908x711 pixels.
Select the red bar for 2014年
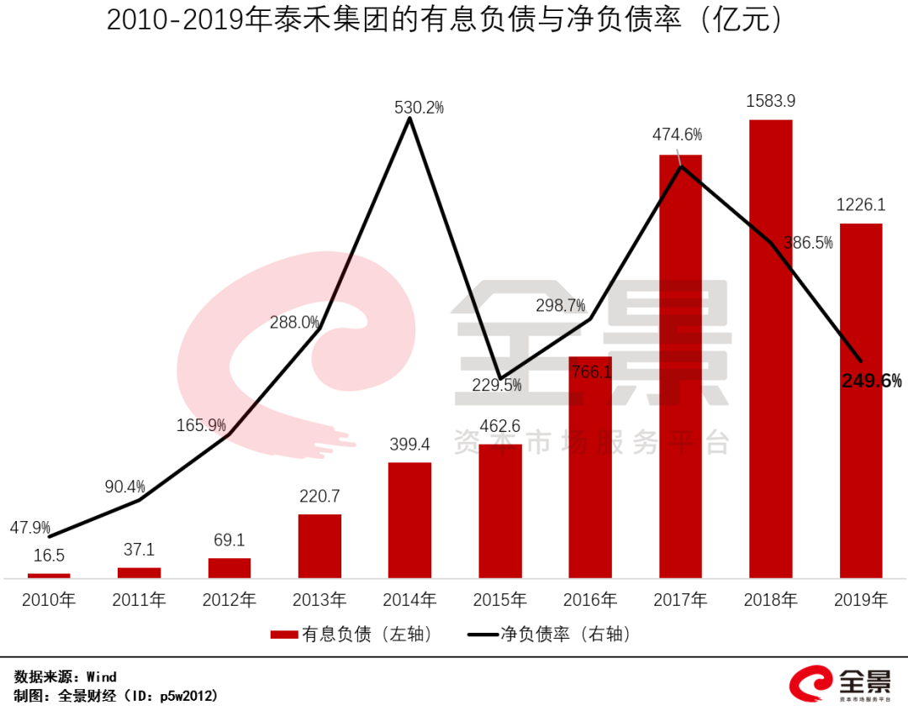pyautogui.click(x=409, y=520)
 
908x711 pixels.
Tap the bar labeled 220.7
pyautogui.click(x=319, y=546)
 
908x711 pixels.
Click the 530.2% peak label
pyautogui.click(x=419, y=108)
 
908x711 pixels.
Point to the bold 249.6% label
pyautogui.click(x=871, y=381)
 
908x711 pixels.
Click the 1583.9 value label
pyautogui.click(x=771, y=102)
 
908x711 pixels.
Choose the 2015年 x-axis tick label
pyautogui.click(x=499, y=600)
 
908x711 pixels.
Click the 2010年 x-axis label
pyautogui.click(x=49, y=600)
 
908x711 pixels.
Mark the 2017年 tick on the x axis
pyautogui.click(x=680, y=600)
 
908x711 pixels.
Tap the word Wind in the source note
pyautogui.click(x=102, y=677)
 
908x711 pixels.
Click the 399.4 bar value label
pyautogui.click(x=409, y=445)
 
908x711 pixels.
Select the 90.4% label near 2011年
pyautogui.click(x=125, y=487)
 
